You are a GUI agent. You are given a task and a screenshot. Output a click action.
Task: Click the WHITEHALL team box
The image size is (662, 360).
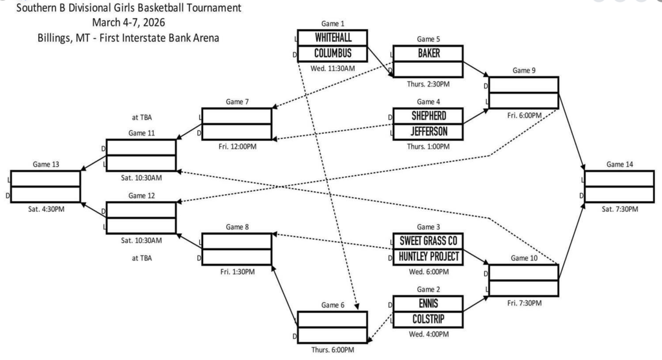(332, 37)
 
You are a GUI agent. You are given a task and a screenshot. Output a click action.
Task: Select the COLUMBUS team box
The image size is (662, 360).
(332, 53)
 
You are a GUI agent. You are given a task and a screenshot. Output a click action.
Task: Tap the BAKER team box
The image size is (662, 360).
(428, 54)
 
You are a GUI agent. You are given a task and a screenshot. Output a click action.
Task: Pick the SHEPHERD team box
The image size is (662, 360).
(428, 116)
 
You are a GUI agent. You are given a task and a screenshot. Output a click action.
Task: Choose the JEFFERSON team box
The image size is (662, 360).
(428, 131)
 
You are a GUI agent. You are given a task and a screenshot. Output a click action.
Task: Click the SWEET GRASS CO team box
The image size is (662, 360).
(428, 241)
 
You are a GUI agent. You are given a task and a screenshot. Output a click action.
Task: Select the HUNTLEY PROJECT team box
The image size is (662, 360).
(428, 257)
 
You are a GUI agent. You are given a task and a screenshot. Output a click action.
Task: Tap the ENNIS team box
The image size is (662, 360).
(428, 303)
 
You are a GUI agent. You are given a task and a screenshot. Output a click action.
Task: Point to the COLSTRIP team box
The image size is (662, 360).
(428, 319)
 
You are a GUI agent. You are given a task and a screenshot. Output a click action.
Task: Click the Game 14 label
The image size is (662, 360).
(619, 164)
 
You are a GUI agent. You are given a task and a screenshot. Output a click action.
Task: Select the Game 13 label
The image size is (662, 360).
(45, 164)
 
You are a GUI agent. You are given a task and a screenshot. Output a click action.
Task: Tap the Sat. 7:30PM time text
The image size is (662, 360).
(619, 209)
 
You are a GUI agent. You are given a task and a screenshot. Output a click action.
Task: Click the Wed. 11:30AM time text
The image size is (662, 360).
(332, 67)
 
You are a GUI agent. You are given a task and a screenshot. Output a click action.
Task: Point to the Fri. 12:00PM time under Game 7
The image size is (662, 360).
(236, 146)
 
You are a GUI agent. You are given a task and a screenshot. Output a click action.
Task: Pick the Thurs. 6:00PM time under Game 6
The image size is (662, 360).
(332, 350)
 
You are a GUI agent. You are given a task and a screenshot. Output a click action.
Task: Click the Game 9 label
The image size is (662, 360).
(524, 70)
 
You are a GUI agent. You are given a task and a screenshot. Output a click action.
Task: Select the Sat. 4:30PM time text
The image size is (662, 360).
(45, 209)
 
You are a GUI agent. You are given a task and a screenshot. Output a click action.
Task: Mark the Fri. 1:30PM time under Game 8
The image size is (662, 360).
(236, 271)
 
